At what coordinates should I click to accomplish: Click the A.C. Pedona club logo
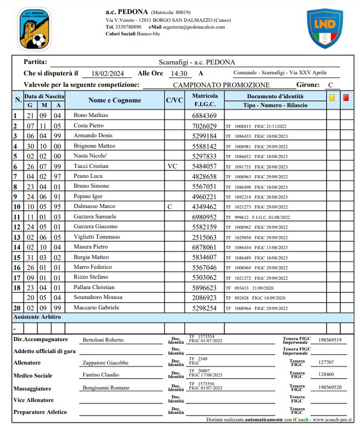(x=34, y=29)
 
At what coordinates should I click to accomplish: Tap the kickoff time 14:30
(x=179, y=74)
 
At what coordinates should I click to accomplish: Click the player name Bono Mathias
(x=91, y=115)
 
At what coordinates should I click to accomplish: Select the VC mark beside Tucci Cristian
(x=173, y=166)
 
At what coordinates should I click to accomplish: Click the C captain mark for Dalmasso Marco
(x=169, y=206)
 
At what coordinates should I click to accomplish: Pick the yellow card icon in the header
(x=331, y=97)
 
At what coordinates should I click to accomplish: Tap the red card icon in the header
(x=346, y=97)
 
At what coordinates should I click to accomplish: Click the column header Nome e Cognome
(x=114, y=100)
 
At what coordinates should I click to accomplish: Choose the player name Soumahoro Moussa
(x=98, y=297)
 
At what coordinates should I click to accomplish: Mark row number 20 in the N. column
(x=16, y=308)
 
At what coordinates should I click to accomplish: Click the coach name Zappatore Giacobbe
(x=106, y=363)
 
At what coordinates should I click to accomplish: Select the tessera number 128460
(x=326, y=374)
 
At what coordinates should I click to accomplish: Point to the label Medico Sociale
(x=33, y=375)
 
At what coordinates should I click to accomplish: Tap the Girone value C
(x=330, y=85)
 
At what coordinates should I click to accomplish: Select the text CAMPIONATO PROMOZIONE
(x=221, y=85)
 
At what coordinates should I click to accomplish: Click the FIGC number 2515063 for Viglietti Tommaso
(x=204, y=237)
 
